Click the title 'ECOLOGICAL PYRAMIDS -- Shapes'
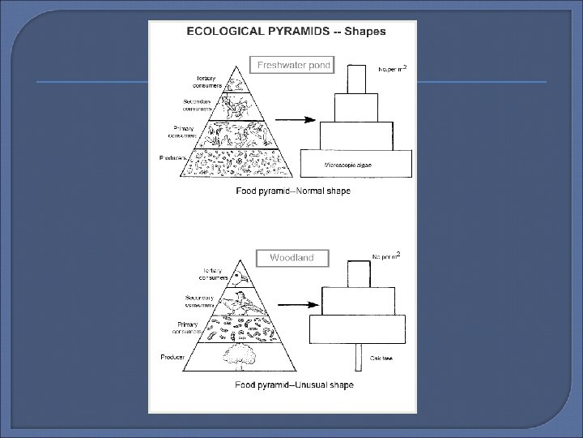click(287, 32)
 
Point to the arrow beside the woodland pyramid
click(292, 307)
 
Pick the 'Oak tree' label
click(381, 359)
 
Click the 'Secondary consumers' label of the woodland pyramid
click(198, 301)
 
